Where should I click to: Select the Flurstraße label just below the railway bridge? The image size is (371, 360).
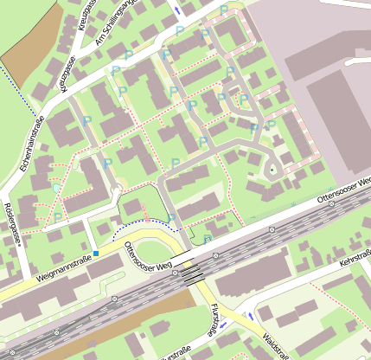(214, 321)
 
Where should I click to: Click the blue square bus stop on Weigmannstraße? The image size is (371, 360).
(96, 254)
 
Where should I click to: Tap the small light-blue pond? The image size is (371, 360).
(57, 187)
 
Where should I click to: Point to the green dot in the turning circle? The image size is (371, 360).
(274, 170)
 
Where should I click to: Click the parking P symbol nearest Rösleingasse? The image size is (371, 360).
(58, 217)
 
